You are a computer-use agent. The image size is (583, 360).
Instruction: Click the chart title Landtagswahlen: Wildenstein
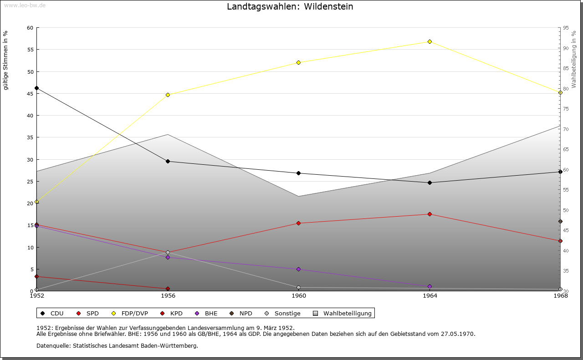[290, 7]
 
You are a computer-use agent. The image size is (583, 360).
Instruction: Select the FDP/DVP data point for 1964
[430, 41]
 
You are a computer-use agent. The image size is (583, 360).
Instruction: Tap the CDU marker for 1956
[168, 161]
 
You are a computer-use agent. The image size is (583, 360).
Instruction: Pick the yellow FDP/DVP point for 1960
[299, 62]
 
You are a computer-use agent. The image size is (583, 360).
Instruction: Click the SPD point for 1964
[430, 214]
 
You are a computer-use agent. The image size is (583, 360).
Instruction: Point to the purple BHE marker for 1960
[299, 269]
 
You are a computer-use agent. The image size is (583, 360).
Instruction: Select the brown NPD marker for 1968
[560, 221]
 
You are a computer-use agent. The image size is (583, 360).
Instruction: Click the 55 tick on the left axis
[30, 50]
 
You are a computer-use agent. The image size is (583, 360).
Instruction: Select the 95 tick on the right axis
[566, 28]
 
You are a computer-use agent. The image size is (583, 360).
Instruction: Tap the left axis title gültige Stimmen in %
[6, 60]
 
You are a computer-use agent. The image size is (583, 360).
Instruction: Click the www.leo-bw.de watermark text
[25, 5]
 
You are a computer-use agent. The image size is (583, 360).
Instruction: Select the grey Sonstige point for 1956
[168, 252]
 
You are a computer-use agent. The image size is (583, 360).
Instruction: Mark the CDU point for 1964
[430, 183]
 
